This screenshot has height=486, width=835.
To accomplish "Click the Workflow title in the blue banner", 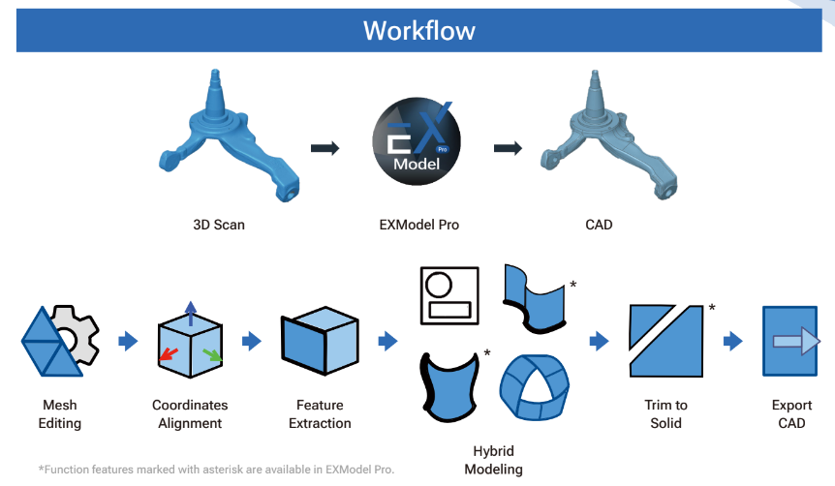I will point(418,30).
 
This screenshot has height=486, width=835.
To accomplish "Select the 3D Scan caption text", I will point(219,225).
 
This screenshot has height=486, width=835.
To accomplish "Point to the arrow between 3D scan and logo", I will point(325,148).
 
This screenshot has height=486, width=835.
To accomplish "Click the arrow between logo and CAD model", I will point(509,148).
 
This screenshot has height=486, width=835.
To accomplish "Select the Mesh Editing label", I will point(60,413).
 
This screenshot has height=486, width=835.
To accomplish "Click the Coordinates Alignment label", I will point(190,413).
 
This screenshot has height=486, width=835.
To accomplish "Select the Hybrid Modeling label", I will point(492,459).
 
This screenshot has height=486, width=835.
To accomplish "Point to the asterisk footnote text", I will point(216,469).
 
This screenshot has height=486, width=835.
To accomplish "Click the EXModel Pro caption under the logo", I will point(418,225).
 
